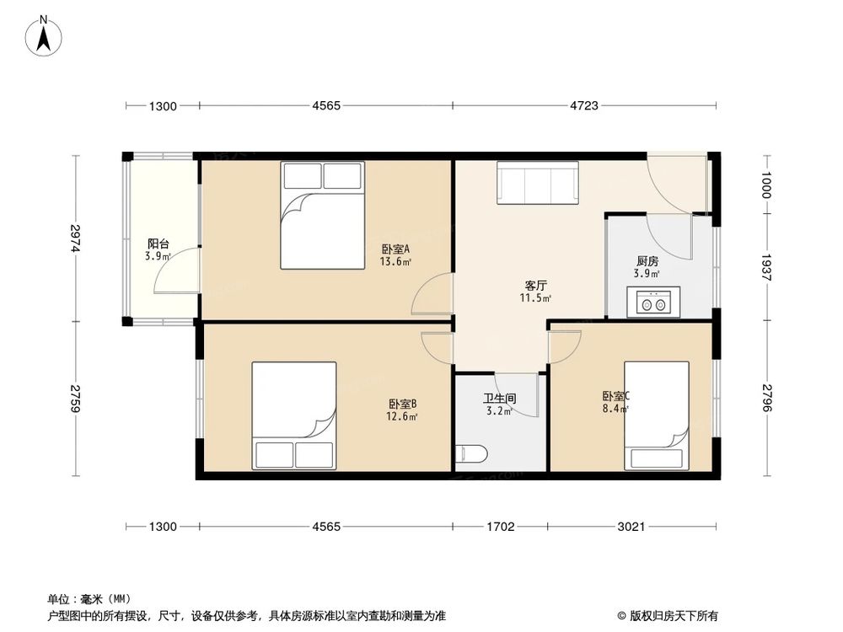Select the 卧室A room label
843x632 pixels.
tap(395, 249)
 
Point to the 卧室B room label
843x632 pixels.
tap(401, 404)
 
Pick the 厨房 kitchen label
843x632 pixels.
tap(647, 261)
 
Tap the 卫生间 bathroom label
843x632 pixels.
tap(499, 400)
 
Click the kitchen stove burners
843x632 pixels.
tap(652, 301)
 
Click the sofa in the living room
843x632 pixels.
tap(537, 182)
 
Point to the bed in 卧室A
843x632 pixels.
tap(322, 215)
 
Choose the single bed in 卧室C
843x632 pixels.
tap(656, 415)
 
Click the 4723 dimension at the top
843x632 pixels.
tap(583, 105)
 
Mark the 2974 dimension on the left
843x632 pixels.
tap(76, 238)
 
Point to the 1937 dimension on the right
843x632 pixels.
tap(766, 266)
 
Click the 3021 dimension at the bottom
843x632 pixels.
tap(631, 527)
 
